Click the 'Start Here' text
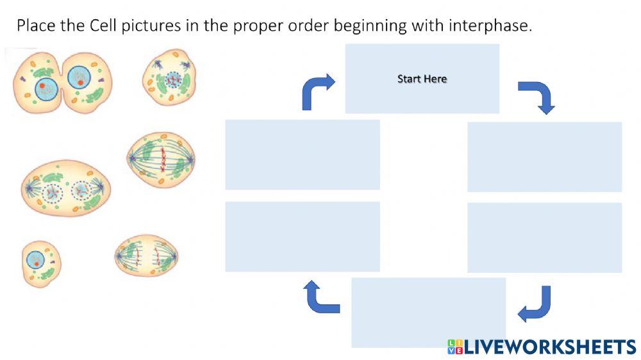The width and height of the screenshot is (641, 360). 422,78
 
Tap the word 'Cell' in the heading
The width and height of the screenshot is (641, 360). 103,26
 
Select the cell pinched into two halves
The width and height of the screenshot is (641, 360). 63,83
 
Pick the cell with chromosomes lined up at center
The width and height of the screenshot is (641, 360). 161,160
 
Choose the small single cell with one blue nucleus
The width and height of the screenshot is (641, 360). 41,263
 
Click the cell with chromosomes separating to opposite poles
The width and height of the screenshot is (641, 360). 146,256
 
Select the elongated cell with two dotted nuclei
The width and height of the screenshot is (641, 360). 66,188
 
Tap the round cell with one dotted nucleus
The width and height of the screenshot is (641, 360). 169,77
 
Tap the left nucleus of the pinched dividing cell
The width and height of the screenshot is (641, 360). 46,89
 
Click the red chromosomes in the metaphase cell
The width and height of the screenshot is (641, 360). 163,160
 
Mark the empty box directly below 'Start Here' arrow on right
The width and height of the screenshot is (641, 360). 544,157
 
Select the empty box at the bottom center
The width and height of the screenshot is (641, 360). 428,313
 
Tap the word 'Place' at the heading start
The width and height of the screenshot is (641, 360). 36,26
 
